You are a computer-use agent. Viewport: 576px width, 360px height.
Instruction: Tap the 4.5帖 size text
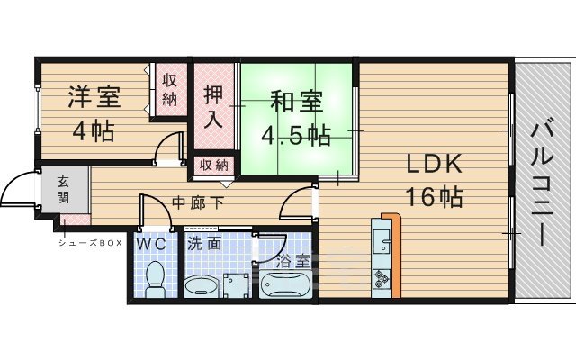pos(295,136)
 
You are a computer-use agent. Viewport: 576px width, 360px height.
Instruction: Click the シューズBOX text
pos(90,243)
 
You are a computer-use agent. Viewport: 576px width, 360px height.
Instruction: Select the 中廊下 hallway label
pos(196,201)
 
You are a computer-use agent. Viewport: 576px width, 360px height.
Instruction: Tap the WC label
pos(150,244)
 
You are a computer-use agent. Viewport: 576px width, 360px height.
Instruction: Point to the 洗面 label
pos(204,244)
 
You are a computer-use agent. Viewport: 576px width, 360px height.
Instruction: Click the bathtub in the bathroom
pos(283,285)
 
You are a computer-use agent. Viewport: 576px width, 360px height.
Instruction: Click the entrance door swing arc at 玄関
pos(15,191)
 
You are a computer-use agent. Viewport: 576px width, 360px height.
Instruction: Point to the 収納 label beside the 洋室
pos(168,88)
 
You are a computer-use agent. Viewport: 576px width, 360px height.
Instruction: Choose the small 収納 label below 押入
pos(213,166)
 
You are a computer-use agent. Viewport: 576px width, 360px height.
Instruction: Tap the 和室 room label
pos(294,103)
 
